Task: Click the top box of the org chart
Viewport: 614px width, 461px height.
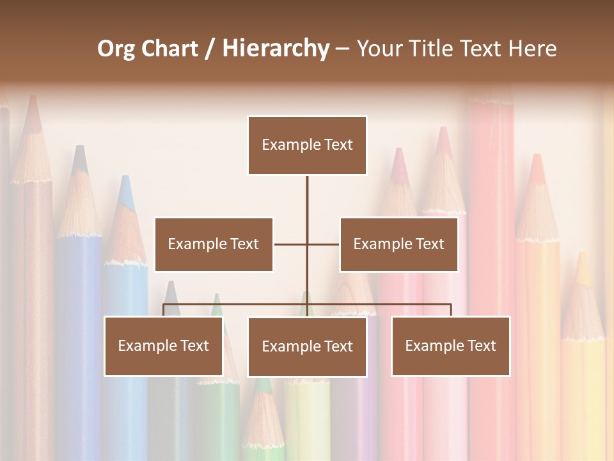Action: pos(307,145)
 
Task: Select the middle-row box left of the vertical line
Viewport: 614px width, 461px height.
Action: pos(214,244)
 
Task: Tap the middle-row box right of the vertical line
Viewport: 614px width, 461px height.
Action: pos(398,244)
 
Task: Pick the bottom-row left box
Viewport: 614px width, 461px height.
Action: pos(164,346)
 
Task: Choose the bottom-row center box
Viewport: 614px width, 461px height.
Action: pos(307,346)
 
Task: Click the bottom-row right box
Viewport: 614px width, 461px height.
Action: pos(450,346)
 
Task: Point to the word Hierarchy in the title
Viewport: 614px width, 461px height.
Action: pos(275,49)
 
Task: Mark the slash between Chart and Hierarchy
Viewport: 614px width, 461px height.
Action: pos(210,49)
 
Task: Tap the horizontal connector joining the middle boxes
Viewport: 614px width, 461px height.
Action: pos(291,244)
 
